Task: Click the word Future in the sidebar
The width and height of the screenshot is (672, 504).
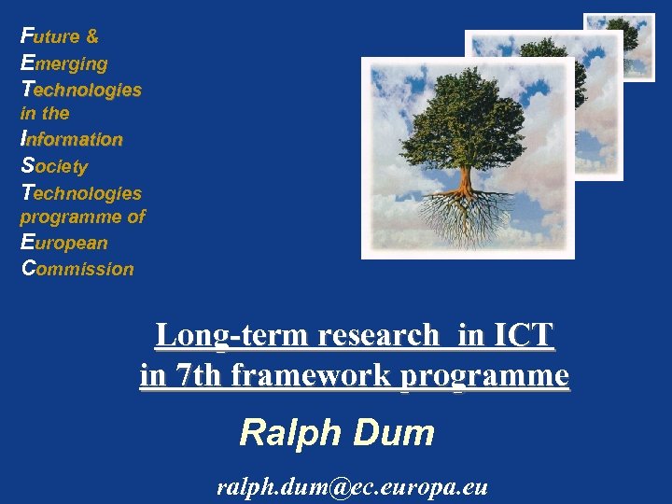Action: (x=50, y=37)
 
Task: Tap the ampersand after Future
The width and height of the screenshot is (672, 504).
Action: (x=91, y=37)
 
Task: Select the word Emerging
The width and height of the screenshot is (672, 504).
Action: (x=63, y=64)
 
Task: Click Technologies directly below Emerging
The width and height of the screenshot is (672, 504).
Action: (x=81, y=91)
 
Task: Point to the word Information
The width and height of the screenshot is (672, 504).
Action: (x=72, y=140)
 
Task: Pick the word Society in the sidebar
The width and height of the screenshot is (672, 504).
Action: (x=54, y=167)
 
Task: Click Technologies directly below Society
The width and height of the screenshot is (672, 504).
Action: (x=81, y=193)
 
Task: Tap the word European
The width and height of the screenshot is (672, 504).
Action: (x=64, y=243)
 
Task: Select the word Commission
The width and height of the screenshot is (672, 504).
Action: (x=77, y=269)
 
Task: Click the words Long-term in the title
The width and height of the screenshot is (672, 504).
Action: (x=217, y=334)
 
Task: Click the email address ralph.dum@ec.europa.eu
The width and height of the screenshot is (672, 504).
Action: (x=352, y=485)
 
